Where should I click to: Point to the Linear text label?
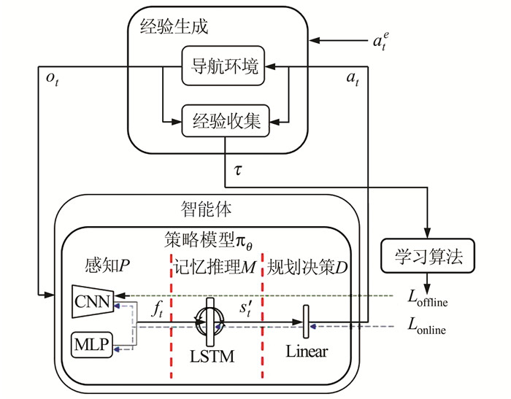coord(307,352)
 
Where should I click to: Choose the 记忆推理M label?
coord(215,263)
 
